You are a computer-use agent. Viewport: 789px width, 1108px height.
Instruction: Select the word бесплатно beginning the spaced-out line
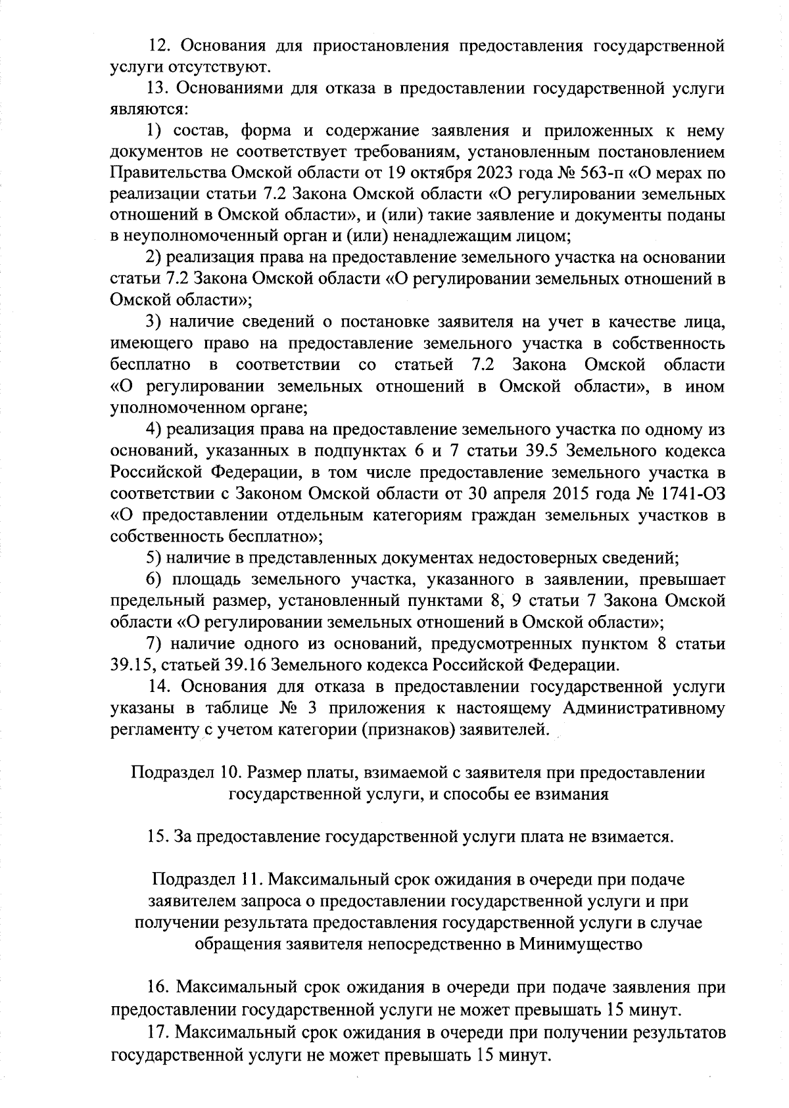(151, 365)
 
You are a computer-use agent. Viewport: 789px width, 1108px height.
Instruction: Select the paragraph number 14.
(161, 687)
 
